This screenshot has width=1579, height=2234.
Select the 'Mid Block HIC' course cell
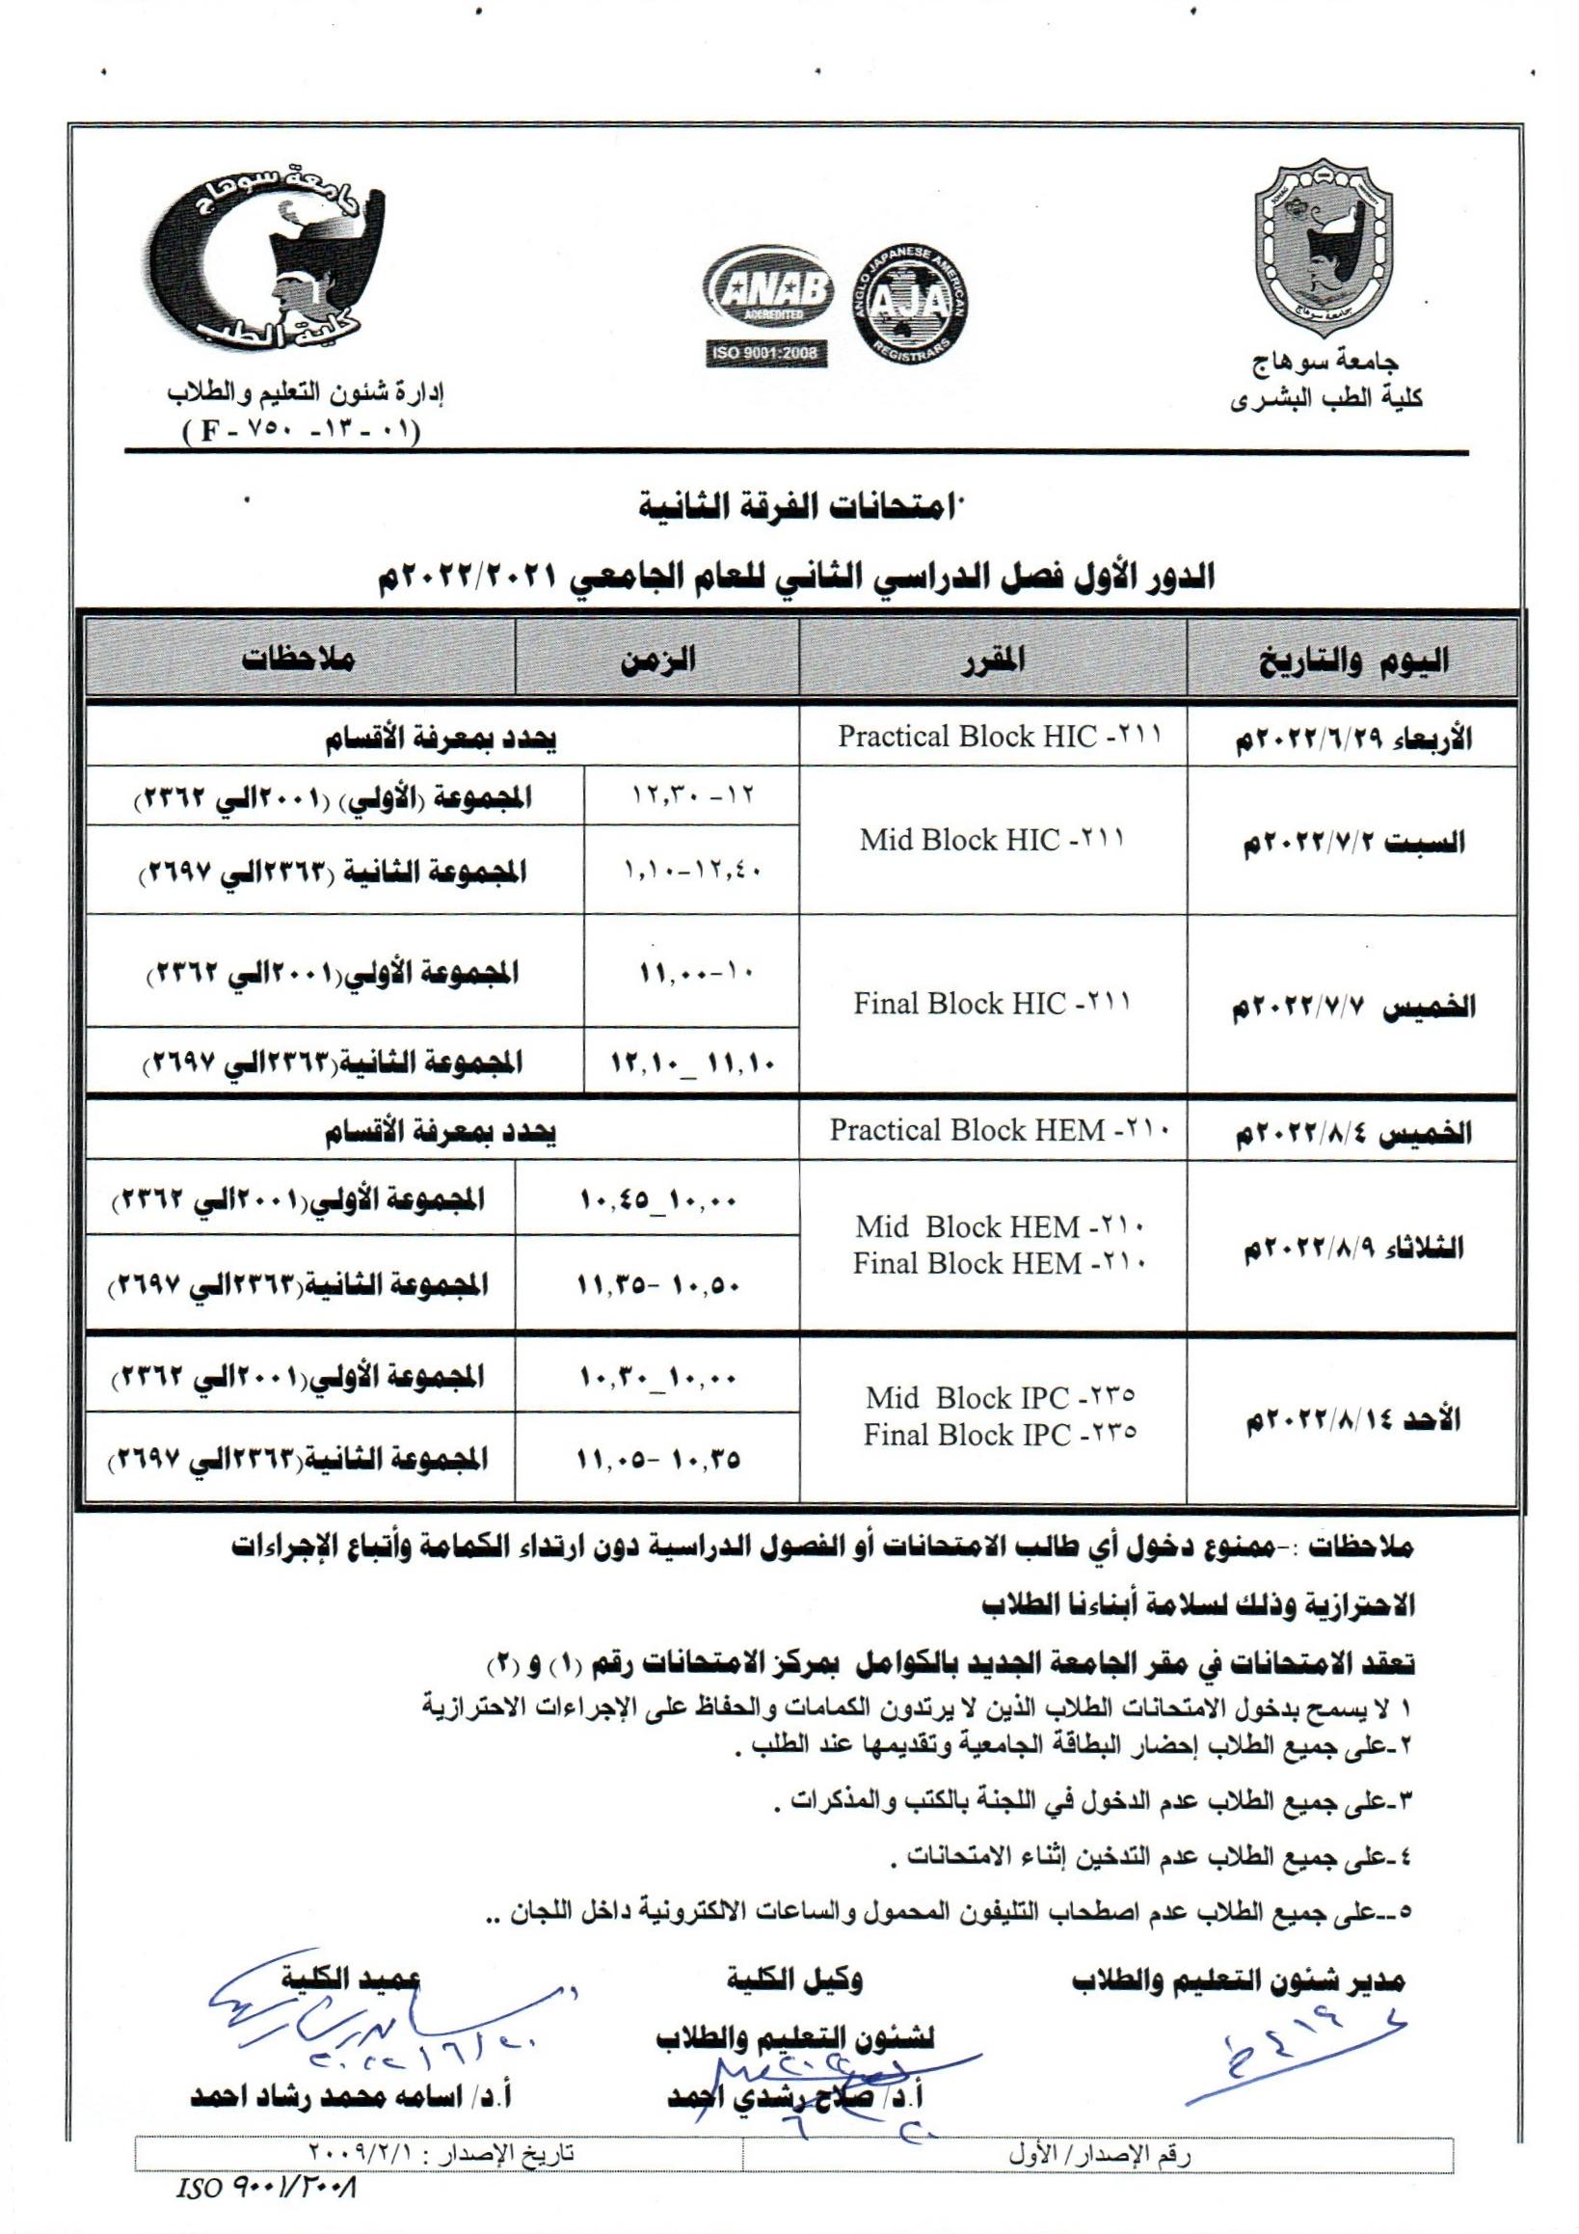click(992, 841)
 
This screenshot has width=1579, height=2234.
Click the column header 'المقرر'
click(992, 659)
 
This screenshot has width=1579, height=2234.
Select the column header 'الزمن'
click(657, 659)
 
